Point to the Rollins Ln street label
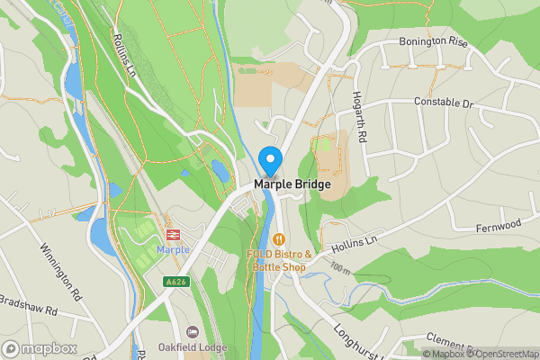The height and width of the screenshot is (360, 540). (123, 55)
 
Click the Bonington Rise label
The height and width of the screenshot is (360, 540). (434, 42)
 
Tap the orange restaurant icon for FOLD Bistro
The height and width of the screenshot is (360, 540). (279, 239)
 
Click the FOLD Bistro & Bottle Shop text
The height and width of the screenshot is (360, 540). (279, 261)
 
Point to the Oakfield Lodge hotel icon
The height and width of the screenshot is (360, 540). (192, 332)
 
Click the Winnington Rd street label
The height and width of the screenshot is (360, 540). (61, 271)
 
